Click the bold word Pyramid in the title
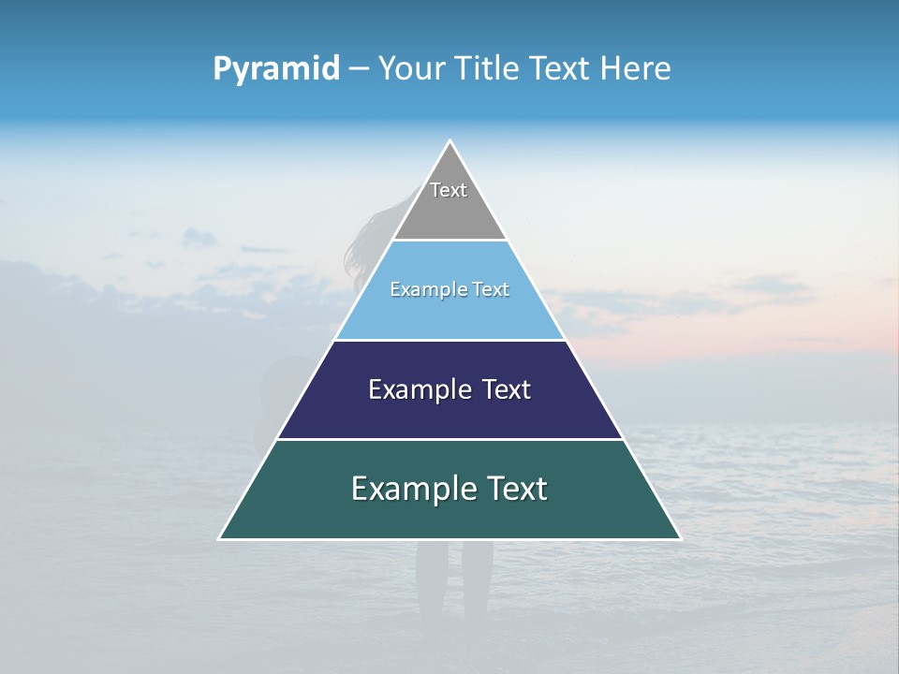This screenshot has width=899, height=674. pyautogui.click(x=276, y=69)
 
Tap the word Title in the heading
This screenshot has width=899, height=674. pyautogui.click(x=487, y=68)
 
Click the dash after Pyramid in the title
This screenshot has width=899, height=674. pyautogui.click(x=358, y=69)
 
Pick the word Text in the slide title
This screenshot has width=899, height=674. pyautogui.click(x=560, y=68)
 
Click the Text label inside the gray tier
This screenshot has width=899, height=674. pyautogui.click(x=449, y=190)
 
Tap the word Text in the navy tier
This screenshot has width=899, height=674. pyautogui.click(x=507, y=389)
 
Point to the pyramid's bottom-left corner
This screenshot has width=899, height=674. pyautogui.click(x=220, y=538)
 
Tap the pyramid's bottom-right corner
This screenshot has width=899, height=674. pyautogui.click(x=680, y=538)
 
